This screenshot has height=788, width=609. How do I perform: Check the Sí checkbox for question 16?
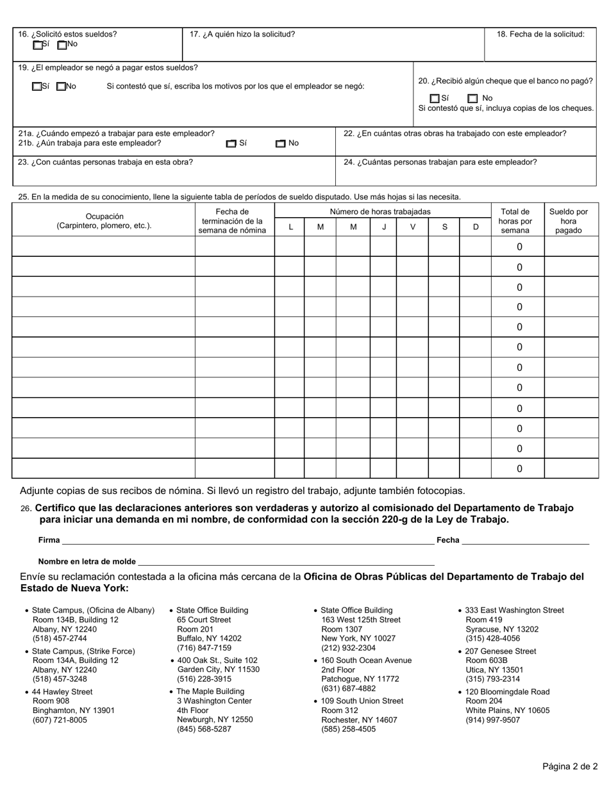point(38,45)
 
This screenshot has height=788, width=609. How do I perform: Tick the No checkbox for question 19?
point(61,86)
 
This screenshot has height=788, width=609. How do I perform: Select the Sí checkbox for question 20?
point(435,99)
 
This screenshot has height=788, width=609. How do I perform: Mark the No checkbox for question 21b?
point(280,144)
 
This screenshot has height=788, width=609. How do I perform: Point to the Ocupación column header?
point(104,221)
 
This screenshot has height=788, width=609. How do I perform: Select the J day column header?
point(384,227)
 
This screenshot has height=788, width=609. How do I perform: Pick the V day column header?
point(412,227)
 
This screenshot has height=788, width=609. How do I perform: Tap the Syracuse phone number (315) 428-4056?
point(492,638)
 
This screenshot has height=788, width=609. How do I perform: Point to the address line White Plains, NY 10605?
point(507,710)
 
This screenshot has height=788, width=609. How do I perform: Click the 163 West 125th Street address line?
point(360,620)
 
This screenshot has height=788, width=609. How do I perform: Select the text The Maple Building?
point(210,691)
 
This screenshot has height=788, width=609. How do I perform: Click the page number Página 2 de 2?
point(570,766)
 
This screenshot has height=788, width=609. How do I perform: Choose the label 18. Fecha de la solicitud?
point(540,35)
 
